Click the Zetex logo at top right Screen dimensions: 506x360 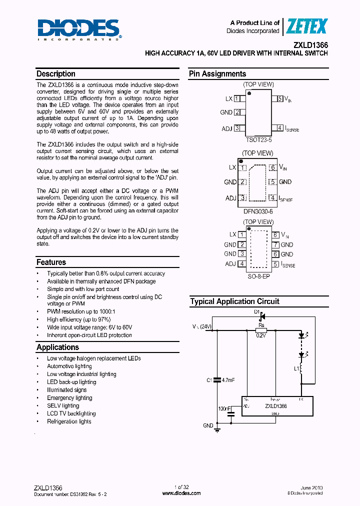coord(306,26)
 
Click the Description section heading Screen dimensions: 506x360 coord(56,74)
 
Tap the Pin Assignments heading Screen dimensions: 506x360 coord(217,74)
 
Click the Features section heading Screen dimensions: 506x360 coord(51,262)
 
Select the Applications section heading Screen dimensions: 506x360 coord(57,347)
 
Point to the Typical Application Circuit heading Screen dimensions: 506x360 coord(234,301)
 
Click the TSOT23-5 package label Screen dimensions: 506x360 coord(258,140)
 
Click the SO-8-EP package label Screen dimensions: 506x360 coord(258,276)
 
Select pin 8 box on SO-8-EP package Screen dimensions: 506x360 coord(275,234)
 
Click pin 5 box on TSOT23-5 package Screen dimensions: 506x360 coord(280,99)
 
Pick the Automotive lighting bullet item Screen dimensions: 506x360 coord(69,366)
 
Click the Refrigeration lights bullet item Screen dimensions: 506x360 coord(69,421)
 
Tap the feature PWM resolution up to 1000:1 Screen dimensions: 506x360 coord(74,311)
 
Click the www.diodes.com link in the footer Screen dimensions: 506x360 coord(181,493)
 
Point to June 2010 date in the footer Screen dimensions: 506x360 coord(312,487)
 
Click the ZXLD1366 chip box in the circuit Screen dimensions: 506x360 coord(277,406)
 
